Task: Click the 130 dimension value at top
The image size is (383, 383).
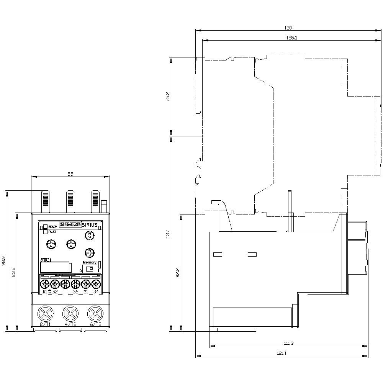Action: (x=288, y=28)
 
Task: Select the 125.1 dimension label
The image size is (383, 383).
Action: (x=292, y=38)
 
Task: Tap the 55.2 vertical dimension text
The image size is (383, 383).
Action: (x=167, y=96)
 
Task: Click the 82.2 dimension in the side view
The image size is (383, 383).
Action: (x=178, y=272)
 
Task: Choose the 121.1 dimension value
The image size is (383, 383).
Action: (x=282, y=353)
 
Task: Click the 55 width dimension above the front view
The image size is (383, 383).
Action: (x=70, y=174)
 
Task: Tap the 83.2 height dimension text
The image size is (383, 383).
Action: (x=13, y=272)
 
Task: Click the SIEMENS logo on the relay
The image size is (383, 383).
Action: (x=70, y=225)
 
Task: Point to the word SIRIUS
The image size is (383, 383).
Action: (x=90, y=225)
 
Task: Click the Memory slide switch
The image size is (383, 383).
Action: (x=90, y=269)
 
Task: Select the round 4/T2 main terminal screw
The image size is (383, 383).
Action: (x=70, y=314)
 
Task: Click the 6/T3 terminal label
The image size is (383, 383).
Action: (x=95, y=324)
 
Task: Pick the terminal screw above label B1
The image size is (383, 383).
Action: (x=44, y=284)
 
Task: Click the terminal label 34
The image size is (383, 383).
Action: (x=96, y=292)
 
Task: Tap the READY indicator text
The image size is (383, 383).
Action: (x=52, y=227)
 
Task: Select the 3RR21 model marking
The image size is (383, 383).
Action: (x=46, y=260)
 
